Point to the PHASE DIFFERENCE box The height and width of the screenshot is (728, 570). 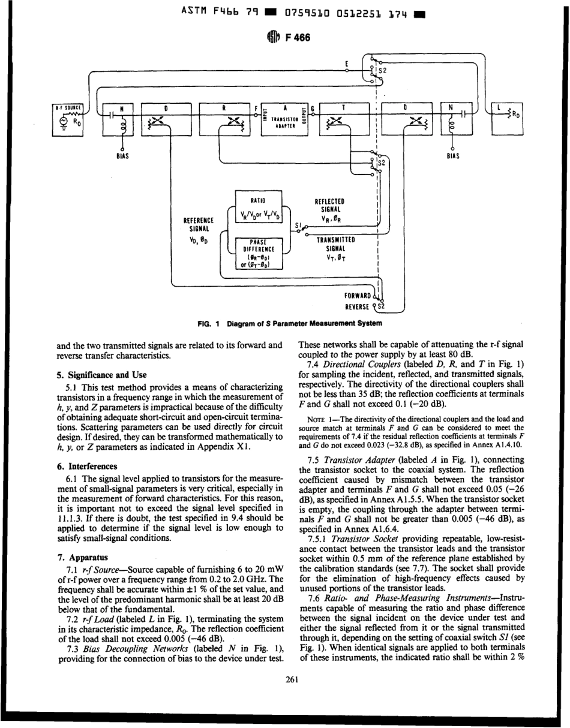(x=259, y=254)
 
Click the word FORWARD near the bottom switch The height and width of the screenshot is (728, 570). (x=358, y=296)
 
